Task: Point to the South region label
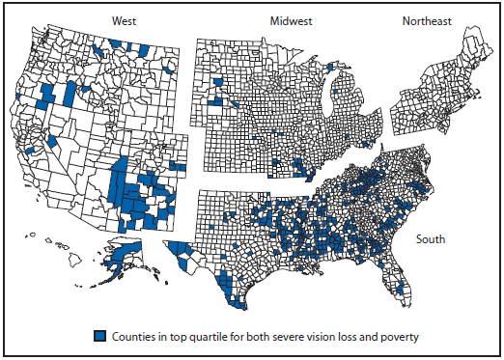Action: [x=433, y=238]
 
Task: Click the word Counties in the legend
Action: [x=131, y=336]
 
